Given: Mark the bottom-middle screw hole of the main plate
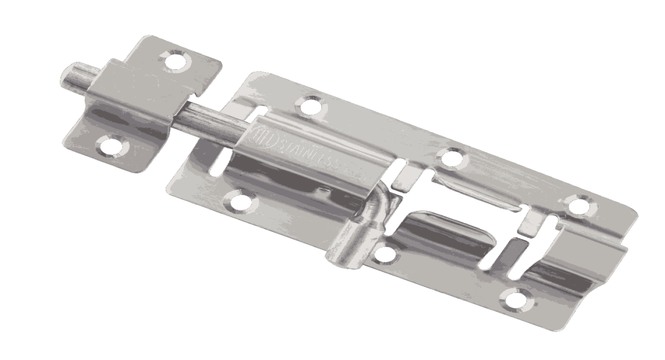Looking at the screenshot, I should point(383,254).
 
